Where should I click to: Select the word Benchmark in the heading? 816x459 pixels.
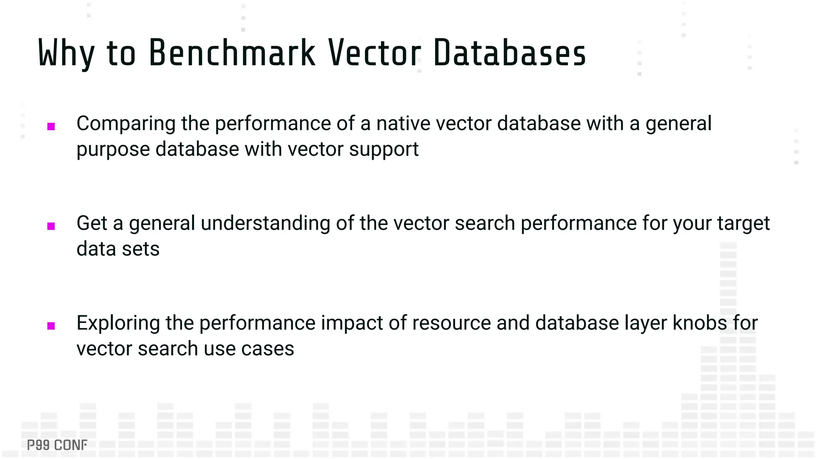pos(232,53)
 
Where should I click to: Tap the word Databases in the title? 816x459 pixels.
pos(510,53)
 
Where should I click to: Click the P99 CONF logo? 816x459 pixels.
pos(57,445)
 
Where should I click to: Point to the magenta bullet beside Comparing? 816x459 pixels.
pos(51,127)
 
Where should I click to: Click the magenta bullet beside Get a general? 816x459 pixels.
pos(51,226)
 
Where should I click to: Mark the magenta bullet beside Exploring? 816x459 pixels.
pos(51,326)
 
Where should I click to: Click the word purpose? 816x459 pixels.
pos(113,150)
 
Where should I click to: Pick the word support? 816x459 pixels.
pos(384,150)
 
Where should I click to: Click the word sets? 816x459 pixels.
pos(141,249)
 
